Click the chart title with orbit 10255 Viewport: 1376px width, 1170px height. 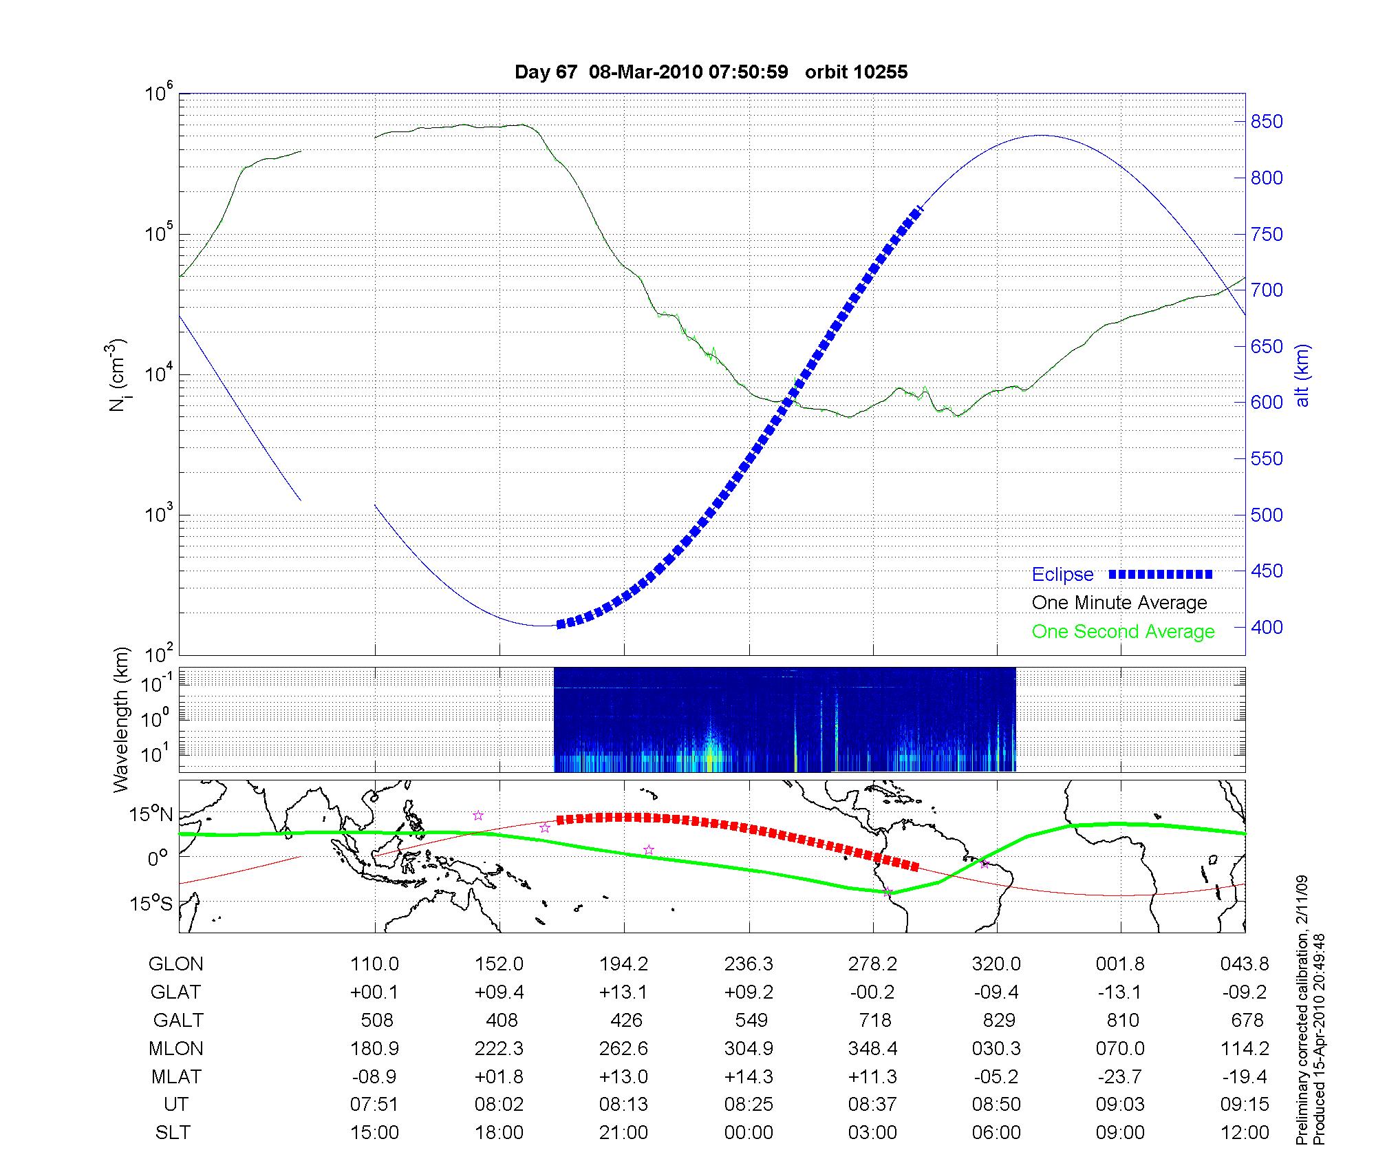pyautogui.click(x=711, y=72)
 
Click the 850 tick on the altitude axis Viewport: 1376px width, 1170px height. pyautogui.click(x=1267, y=122)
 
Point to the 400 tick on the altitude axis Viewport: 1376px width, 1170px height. pyautogui.click(x=1267, y=627)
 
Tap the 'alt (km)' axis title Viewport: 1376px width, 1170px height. pyautogui.click(x=1302, y=375)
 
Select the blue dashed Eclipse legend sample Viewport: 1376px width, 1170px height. pyautogui.click(x=1161, y=574)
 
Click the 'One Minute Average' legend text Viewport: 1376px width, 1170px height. pyautogui.click(x=1119, y=603)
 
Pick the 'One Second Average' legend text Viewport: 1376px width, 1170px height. pyautogui.click(x=1123, y=632)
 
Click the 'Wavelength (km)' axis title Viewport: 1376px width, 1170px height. pyautogui.click(x=121, y=719)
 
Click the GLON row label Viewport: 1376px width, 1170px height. pyautogui.click(x=175, y=964)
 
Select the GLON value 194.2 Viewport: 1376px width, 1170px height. pyautogui.click(x=623, y=964)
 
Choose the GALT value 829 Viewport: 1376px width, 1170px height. pyautogui.click(x=998, y=1020)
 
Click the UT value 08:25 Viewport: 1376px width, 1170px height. pyautogui.click(x=749, y=1104)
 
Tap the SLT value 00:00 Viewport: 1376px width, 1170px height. pyautogui.click(x=749, y=1132)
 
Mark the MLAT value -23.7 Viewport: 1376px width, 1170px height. pyautogui.click(x=1120, y=1076)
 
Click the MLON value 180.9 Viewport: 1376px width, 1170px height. pyautogui.click(x=375, y=1048)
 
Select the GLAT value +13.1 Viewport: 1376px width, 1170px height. pyautogui.click(x=623, y=992)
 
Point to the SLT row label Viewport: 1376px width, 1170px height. pyautogui.click(x=173, y=1132)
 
